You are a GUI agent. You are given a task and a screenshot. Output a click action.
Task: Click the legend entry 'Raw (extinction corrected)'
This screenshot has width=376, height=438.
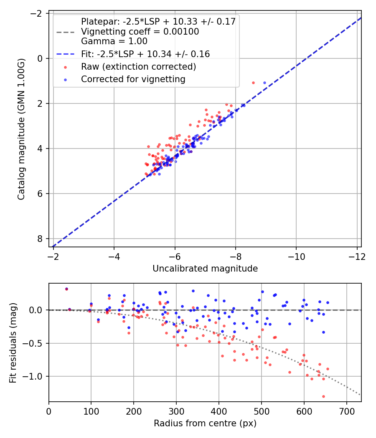click(138, 67)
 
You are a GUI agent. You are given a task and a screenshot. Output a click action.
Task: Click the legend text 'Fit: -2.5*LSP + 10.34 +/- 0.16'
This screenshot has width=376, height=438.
click(145, 54)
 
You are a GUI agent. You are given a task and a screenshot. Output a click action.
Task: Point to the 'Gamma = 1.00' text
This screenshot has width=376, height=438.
click(114, 41)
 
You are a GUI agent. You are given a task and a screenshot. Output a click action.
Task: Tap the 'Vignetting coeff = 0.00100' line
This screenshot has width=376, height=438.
click(140, 32)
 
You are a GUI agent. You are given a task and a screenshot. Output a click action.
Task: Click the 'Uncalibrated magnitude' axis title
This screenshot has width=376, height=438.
click(205, 269)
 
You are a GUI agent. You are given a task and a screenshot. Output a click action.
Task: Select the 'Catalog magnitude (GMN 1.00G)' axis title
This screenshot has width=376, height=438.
click(21, 130)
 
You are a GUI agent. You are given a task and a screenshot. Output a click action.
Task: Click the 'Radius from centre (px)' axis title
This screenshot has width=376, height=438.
click(205, 423)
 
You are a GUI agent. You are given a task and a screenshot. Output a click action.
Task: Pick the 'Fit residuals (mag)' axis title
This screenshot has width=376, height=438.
click(13, 342)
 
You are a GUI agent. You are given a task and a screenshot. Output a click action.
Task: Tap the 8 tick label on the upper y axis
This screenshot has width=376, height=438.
click(40, 239)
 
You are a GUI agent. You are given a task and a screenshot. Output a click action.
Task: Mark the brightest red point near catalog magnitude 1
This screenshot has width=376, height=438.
click(253, 83)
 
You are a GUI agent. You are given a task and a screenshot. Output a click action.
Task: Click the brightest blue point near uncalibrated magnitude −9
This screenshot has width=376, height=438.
click(264, 83)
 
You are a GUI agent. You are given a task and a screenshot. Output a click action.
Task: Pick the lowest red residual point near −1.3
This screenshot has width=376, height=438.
click(323, 396)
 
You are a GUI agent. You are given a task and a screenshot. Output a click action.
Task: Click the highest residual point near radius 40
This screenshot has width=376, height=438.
click(66, 289)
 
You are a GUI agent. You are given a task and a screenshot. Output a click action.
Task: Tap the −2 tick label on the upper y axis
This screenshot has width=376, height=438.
click(37, 13)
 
